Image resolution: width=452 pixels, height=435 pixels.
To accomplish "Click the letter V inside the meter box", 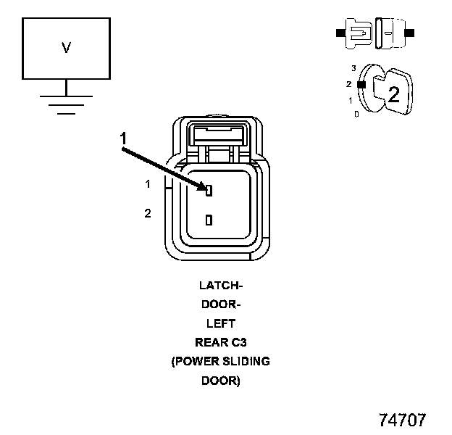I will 66,49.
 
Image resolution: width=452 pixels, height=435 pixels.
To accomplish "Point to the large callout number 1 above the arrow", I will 124,138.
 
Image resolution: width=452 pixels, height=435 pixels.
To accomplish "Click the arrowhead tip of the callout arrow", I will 206,188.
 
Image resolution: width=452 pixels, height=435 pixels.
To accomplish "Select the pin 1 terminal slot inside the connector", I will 209,191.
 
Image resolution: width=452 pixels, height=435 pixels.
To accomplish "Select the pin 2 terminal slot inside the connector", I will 209,220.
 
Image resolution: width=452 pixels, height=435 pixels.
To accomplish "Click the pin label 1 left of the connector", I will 148,184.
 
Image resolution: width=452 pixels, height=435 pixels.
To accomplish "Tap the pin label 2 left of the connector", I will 148,213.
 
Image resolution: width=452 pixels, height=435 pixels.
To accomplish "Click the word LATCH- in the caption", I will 220,286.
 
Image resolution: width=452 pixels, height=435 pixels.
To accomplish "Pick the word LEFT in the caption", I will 220,324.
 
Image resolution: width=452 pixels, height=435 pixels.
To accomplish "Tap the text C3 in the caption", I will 238,343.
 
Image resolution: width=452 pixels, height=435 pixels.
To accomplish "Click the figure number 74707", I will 402,420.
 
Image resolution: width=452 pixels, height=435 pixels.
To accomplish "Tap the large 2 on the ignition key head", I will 393,94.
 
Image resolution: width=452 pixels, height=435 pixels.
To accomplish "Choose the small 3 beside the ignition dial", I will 353,67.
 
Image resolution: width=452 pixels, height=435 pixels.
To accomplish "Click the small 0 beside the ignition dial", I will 356,114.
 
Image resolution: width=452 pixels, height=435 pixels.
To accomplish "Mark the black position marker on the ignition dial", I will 360,84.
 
